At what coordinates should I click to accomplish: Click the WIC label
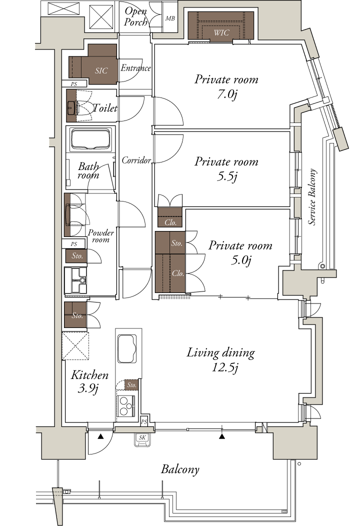coord(221,32)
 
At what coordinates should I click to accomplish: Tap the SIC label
coord(101,70)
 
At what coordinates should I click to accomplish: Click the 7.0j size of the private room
coord(227,94)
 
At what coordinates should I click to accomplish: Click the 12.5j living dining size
coord(225,367)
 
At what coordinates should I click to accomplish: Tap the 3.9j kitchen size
coord(88,389)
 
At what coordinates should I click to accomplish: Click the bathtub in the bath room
coord(91,139)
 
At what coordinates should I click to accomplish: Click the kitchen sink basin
coord(127,348)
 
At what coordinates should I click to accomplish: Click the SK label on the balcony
coord(142,437)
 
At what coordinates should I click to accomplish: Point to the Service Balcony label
coord(312,197)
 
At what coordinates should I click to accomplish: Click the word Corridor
coord(136,160)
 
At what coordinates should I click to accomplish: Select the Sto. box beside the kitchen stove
coord(131,385)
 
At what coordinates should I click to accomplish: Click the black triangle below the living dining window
coord(221,436)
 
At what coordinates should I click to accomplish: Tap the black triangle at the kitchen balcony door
coord(100,436)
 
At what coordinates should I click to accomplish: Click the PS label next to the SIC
coord(74,84)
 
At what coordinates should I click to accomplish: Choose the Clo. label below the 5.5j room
coord(170,222)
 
